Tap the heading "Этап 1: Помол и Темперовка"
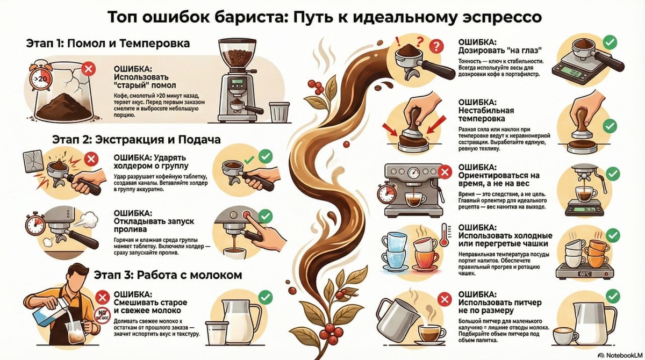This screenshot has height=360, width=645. [107, 43]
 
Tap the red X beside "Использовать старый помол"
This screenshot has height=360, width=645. [90, 68]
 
